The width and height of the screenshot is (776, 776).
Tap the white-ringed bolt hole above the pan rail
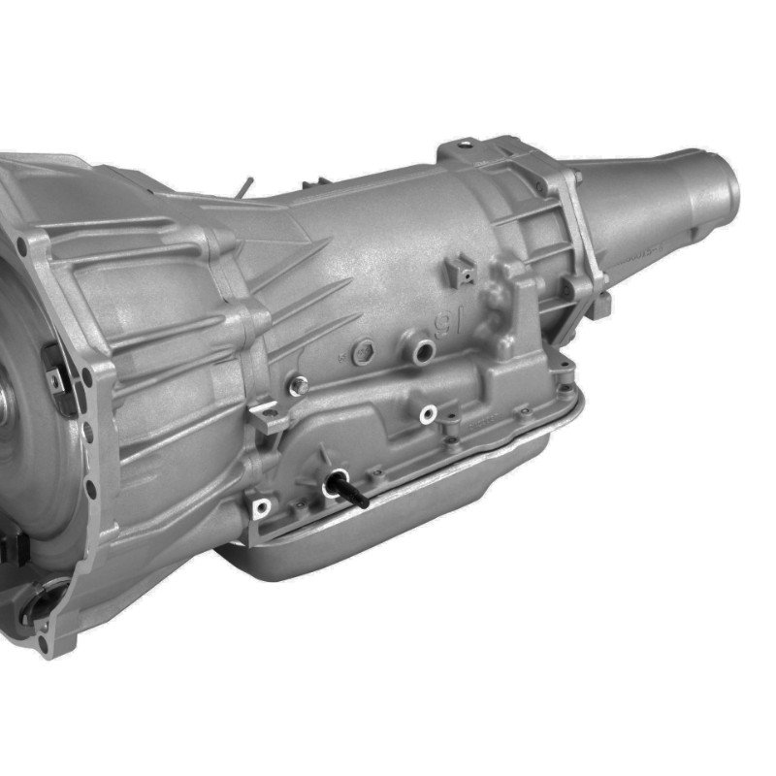click(424, 417)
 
